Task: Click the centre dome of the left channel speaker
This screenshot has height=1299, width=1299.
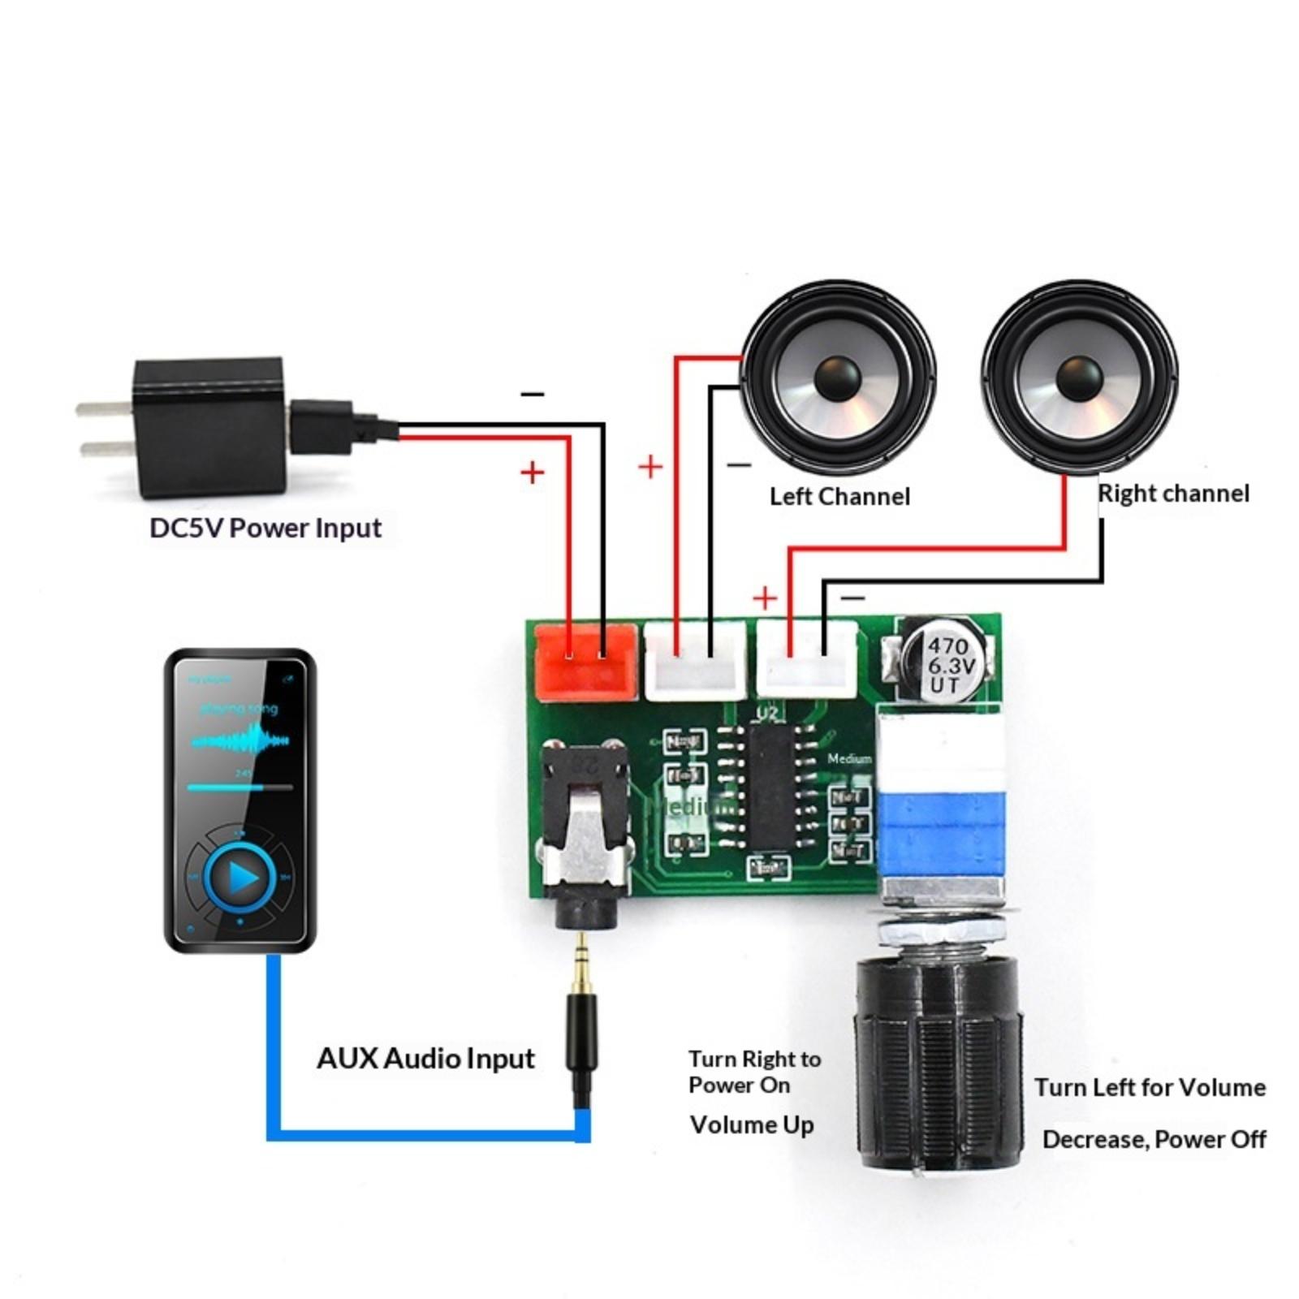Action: click(x=837, y=378)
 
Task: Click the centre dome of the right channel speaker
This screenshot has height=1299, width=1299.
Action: click(x=1079, y=378)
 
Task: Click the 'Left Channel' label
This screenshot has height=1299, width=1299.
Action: click(x=839, y=496)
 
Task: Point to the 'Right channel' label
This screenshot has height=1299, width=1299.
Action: click(x=1173, y=493)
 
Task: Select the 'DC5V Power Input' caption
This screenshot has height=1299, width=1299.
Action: click(x=265, y=528)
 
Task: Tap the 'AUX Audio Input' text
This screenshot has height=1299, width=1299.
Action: click(x=425, y=1058)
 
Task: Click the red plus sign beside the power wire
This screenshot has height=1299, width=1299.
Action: click(x=532, y=472)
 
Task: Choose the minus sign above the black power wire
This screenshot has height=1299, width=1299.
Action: click(x=533, y=395)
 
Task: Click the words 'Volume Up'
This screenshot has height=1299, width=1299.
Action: click(x=751, y=1125)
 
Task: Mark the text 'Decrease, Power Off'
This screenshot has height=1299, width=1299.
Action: click(x=1154, y=1139)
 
